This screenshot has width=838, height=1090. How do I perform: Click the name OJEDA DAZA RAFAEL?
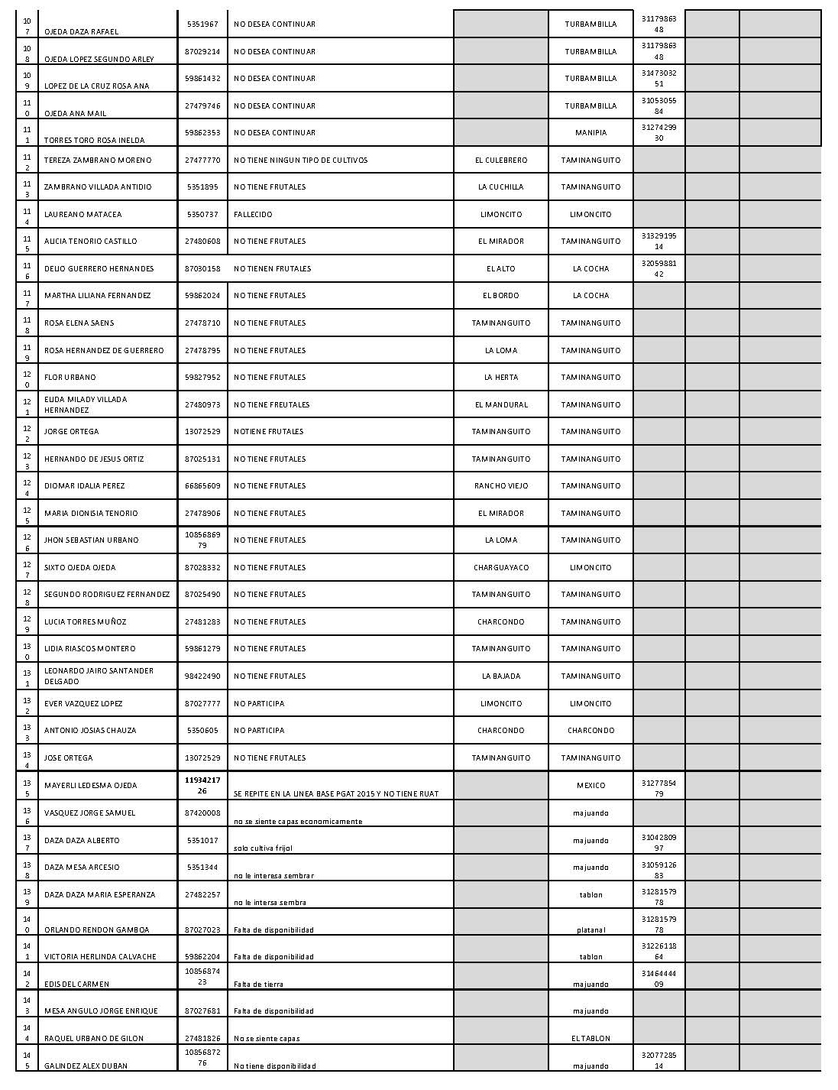81,32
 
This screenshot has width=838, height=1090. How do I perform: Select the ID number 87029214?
202,52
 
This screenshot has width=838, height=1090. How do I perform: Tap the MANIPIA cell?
590,133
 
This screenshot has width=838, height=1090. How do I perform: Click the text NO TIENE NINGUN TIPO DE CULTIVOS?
300,161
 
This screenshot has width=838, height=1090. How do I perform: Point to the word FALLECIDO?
253,215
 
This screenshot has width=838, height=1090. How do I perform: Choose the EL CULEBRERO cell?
500,161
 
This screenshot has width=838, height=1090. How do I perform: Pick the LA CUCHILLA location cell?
500,187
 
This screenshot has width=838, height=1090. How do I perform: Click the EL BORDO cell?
500,296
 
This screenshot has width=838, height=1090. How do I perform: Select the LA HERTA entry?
500,378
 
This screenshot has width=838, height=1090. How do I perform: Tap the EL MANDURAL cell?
500,405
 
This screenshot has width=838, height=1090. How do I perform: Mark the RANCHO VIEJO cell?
500,486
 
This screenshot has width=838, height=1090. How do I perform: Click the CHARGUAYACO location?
500,568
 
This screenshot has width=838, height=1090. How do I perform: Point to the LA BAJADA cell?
500,676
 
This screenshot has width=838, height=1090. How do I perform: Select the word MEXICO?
590,786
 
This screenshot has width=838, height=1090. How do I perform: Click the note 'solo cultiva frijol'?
263,848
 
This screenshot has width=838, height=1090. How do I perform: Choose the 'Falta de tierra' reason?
258,985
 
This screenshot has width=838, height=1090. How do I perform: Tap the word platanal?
590,930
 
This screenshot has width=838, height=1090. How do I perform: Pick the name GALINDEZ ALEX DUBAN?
86,1066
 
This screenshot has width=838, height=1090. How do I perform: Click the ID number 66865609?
202,486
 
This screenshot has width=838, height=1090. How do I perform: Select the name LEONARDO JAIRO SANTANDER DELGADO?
99,676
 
